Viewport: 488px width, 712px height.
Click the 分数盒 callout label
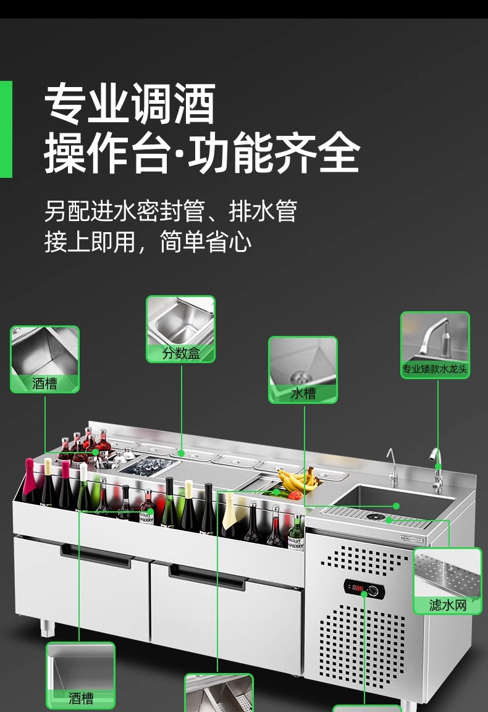(181, 354)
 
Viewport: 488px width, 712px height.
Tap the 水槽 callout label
(303, 393)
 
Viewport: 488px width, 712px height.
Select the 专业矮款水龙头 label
(435, 370)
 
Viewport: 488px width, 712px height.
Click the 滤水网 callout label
(447, 605)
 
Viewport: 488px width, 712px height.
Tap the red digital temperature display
(357, 587)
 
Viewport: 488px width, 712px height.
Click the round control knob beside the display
(372, 590)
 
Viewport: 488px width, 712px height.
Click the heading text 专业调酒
(130, 104)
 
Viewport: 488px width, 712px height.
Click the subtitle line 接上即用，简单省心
(148, 241)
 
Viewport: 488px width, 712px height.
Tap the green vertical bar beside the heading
(6, 129)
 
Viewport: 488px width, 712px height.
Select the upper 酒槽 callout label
(44, 383)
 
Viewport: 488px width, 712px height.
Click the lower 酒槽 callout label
(81, 698)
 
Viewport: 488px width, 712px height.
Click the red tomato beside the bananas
(295, 495)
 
